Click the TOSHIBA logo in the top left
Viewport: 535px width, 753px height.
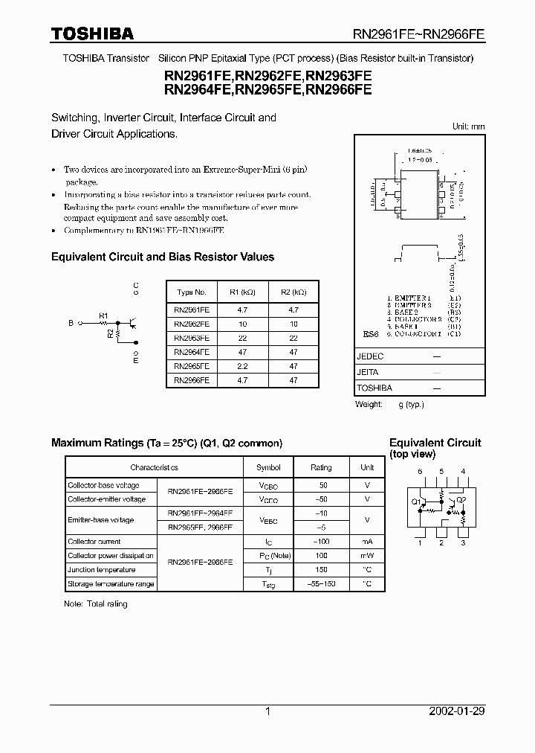92,33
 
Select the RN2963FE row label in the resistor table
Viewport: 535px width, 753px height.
191,338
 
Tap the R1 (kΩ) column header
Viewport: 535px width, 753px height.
242,292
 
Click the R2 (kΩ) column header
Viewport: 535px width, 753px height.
294,292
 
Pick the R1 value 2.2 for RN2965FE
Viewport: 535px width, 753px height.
242,365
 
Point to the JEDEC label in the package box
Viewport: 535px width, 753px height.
370,356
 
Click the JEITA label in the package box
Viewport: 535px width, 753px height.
368,372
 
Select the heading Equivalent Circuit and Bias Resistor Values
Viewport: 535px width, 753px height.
162,257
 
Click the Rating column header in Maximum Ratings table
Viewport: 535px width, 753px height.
321,467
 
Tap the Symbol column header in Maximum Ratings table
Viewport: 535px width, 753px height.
268,467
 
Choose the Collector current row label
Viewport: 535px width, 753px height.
94,542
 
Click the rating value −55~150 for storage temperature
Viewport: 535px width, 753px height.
321,584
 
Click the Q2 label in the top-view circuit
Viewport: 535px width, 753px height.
461,500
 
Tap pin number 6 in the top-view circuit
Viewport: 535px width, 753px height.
420,472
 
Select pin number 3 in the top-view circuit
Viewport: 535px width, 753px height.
463,543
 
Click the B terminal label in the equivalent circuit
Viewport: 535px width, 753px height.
71,324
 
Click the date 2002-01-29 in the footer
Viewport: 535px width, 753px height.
457,711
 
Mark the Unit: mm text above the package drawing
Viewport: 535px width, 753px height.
468,126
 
